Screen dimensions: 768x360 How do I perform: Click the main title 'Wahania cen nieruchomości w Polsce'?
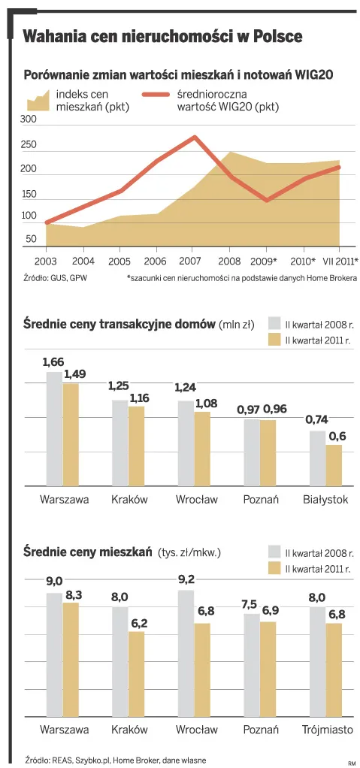(x=162, y=37)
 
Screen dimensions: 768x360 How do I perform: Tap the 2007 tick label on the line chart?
(x=191, y=261)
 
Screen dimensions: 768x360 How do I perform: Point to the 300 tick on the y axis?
(x=28, y=120)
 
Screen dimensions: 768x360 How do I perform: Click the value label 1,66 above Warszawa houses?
(x=53, y=362)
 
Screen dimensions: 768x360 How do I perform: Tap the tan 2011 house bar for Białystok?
(x=334, y=465)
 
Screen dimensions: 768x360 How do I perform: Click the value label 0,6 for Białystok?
(x=337, y=436)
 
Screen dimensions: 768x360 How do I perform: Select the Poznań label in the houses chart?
(x=261, y=499)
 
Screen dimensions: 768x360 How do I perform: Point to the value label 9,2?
(x=186, y=579)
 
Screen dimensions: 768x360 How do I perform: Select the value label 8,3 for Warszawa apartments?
(x=73, y=594)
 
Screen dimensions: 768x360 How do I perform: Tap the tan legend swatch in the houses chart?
(x=274, y=340)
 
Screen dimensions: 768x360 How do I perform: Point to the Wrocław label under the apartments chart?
(x=196, y=729)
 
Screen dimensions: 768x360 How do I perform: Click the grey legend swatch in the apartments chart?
(x=274, y=552)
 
